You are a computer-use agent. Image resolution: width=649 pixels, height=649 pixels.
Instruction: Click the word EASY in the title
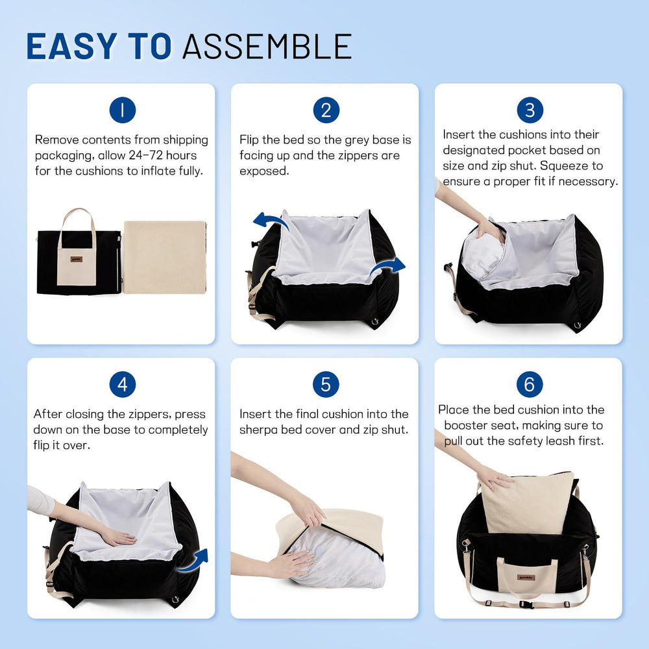coord(70,46)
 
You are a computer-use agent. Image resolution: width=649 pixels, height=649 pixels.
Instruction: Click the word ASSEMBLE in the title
coord(267,46)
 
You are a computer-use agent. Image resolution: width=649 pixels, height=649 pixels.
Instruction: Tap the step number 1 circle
coord(122,110)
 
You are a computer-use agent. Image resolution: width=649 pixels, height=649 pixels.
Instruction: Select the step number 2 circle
coord(326,110)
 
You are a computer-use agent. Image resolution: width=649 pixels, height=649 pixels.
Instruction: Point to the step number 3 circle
coord(530,110)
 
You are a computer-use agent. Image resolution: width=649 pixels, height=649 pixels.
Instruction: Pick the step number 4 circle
coord(122,385)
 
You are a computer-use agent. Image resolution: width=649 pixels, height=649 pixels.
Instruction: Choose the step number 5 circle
coord(326,385)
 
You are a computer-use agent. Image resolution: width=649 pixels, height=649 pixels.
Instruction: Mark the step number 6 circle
coord(530,385)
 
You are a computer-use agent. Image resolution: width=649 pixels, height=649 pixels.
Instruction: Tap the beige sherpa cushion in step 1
coord(164,257)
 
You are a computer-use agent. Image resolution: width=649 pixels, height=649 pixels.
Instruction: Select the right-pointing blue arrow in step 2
coord(389,266)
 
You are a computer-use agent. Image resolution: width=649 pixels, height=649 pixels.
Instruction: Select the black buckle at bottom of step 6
coord(526,604)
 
